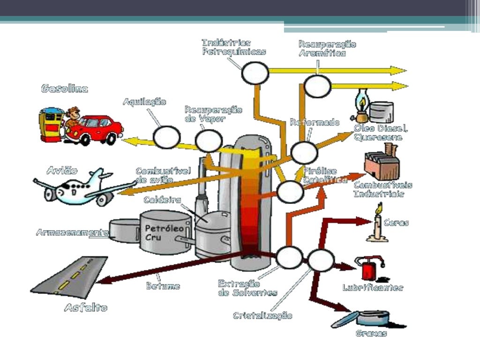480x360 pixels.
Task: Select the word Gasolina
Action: click(x=65, y=89)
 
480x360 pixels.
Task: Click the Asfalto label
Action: click(x=86, y=308)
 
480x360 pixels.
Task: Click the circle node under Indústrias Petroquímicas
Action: click(x=255, y=73)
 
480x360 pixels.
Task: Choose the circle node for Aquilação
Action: click(x=167, y=137)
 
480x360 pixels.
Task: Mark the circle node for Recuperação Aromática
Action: click(x=317, y=86)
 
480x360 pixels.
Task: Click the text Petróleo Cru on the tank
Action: click(x=160, y=233)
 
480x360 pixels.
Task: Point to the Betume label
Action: click(x=163, y=286)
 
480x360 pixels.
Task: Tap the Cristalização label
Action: click(x=262, y=315)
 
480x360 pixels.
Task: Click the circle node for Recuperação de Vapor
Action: click(x=209, y=141)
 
